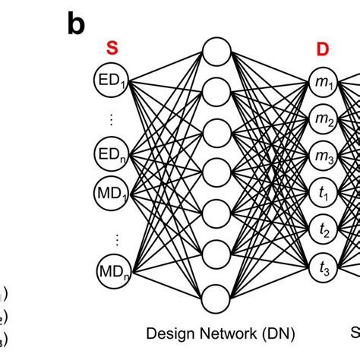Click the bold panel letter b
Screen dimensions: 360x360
pyautogui.click(x=76, y=24)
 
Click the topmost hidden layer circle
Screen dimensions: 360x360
pyautogui.click(x=216, y=53)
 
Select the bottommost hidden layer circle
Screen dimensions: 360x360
pyautogui.click(x=216, y=295)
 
